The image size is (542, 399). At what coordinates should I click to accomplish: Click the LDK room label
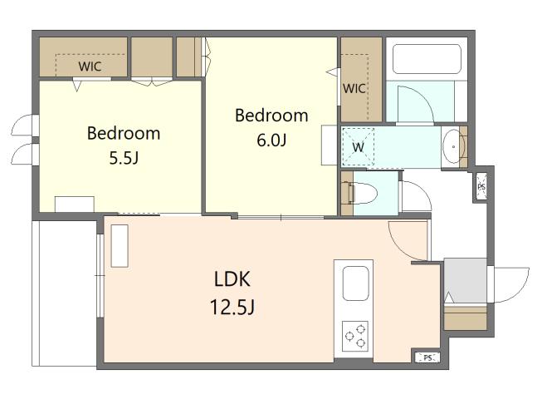[232, 279]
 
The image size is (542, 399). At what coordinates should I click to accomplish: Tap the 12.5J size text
[232, 306]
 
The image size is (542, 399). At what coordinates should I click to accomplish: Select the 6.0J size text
[271, 140]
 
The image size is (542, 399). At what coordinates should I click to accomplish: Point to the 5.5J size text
[124, 158]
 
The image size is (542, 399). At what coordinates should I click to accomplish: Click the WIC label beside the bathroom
[354, 88]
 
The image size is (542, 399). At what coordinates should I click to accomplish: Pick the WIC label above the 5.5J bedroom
[90, 66]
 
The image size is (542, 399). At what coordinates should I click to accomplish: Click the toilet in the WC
[362, 194]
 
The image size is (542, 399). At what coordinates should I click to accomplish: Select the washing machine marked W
[358, 147]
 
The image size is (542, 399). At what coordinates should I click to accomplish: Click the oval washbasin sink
[453, 146]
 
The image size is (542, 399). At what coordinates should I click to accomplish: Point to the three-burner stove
[355, 337]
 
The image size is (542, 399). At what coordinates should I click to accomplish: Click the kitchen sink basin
[355, 283]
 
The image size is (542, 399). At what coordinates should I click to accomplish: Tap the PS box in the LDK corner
[427, 357]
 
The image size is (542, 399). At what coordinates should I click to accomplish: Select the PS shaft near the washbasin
[481, 186]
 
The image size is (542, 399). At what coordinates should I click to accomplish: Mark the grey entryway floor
[466, 280]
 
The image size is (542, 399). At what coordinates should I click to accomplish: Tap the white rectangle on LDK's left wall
[120, 246]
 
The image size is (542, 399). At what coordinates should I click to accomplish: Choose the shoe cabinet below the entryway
[466, 318]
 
